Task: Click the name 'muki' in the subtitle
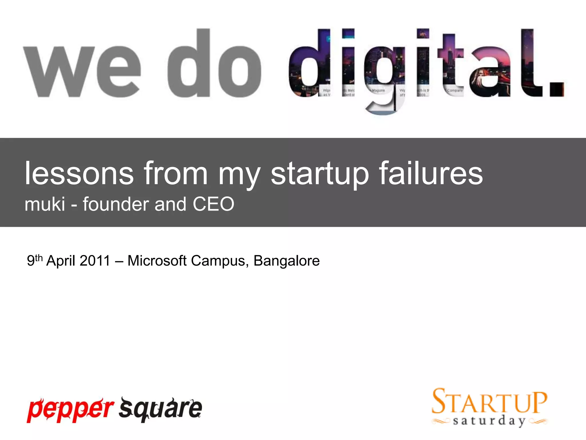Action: point(45,204)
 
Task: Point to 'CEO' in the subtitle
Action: point(213,204)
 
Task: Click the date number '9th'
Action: point(35,260)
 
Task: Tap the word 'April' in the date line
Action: point(61,261)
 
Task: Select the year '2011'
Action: point(95,261)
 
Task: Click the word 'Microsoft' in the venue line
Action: point(157,261)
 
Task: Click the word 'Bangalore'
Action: point(286,261)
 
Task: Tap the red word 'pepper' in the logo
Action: point(70,409)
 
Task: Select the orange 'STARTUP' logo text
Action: point(490,401)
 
